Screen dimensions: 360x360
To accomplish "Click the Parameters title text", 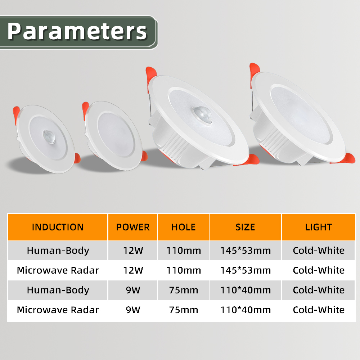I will pyautogui.click(x=77, y=31).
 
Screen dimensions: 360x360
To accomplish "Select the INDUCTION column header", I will pyautogui.click(x=58, y=227).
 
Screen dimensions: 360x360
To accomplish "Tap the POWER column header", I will pyautogui.click(x=133, y=227).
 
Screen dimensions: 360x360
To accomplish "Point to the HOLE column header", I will pyautogui.click(x=183, y=227).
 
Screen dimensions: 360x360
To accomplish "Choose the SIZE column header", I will pyautogui.click(x=245, y=227).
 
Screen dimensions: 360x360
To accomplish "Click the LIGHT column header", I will pyautogui.click(x=319, y=227).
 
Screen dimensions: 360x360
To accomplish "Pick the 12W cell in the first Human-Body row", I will pyautogui.click(x=133, y=251).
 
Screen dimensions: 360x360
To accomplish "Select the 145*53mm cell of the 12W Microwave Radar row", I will pyautogui.click(x=245, y=270).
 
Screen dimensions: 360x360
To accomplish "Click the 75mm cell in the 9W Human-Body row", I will pyautogui.click(x=183, y=290).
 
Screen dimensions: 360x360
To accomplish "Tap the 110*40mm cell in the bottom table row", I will pyautogui.click(x=245, y=310).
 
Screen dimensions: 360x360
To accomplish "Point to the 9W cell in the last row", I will pyautogui.click(x=133, y=310).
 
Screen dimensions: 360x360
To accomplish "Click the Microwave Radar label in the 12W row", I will pyautogui.click(x=58, y=270).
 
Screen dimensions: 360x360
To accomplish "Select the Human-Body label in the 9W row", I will pyautogui.click(x=58, y=290).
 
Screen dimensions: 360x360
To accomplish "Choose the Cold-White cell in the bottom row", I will pyautogui.click(x=319, y=310).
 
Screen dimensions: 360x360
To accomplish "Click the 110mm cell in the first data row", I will pyautogui.click(x=183, y=251).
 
